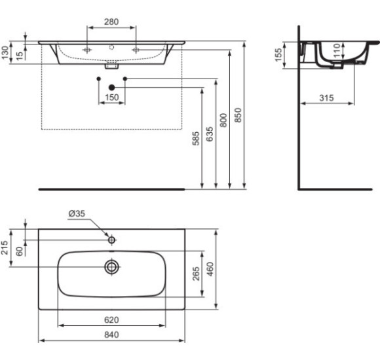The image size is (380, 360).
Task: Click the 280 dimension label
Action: [x=111, y=22]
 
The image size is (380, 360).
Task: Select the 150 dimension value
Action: [x=111, y=98]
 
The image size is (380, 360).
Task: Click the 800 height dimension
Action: [x=224, y=120]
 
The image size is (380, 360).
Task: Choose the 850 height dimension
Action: [x=238, y=115]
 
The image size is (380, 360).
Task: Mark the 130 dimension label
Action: [x=7, y=53]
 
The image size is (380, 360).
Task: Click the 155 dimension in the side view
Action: [x=278, y=56]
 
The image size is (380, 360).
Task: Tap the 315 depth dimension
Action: [x=326, y=98]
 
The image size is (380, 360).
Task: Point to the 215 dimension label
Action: [x=7, y=247]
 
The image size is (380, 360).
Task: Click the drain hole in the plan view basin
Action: [x=112, y=266]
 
